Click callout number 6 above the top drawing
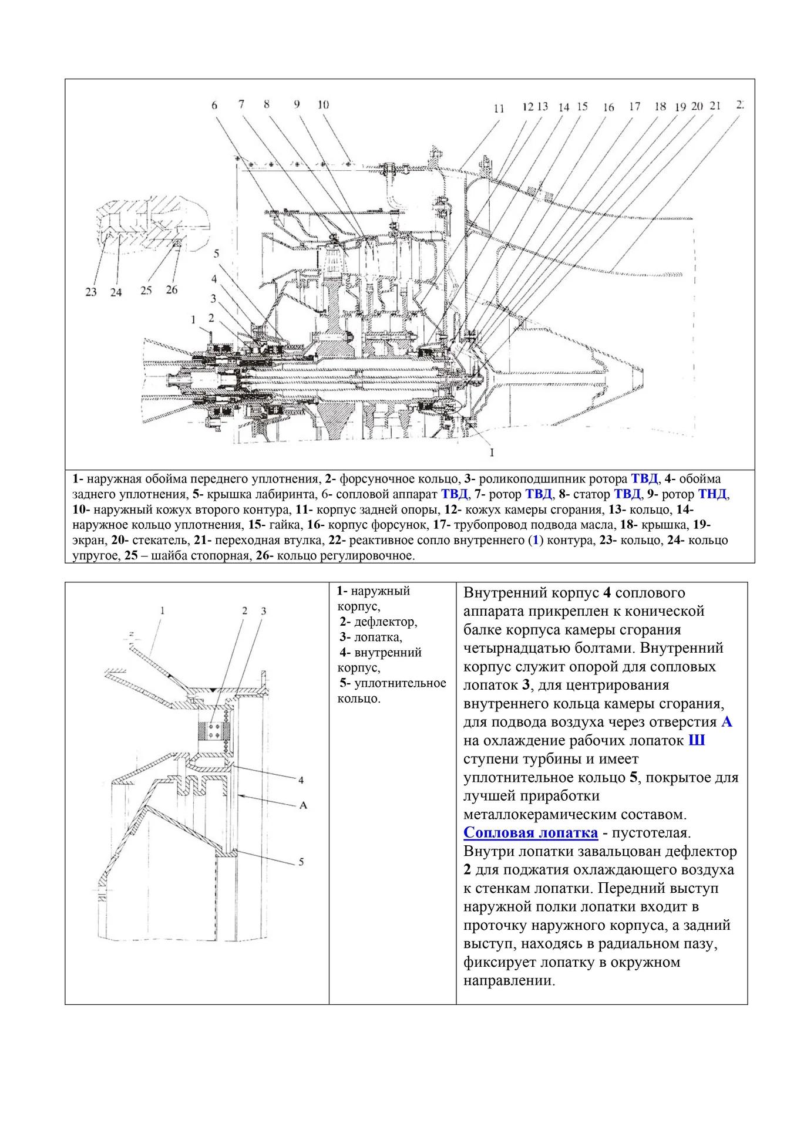[214, 105]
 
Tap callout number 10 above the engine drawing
[323, 104]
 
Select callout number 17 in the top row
[634, 106]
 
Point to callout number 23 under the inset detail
[90, 292]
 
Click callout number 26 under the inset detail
[171, 289]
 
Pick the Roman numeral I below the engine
[492, 453]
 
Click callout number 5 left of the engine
[216, 254]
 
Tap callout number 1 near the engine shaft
[193, 319]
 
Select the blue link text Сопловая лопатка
[530, 832]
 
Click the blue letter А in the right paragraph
[727, 721]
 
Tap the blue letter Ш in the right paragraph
[696, 740]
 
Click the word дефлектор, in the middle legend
[386, 622]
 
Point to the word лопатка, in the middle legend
[378, 637]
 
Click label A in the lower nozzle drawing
[303, 805]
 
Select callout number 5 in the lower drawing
[301, 862]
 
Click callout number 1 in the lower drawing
[162, 611]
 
